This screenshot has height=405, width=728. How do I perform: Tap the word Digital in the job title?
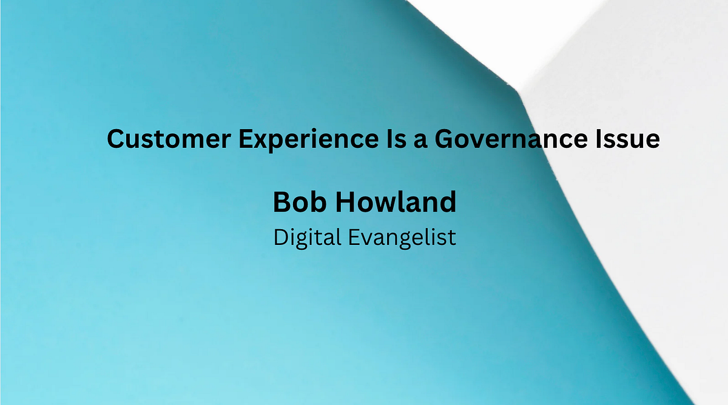(306, 237)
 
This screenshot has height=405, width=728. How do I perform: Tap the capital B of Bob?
(281, 202)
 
